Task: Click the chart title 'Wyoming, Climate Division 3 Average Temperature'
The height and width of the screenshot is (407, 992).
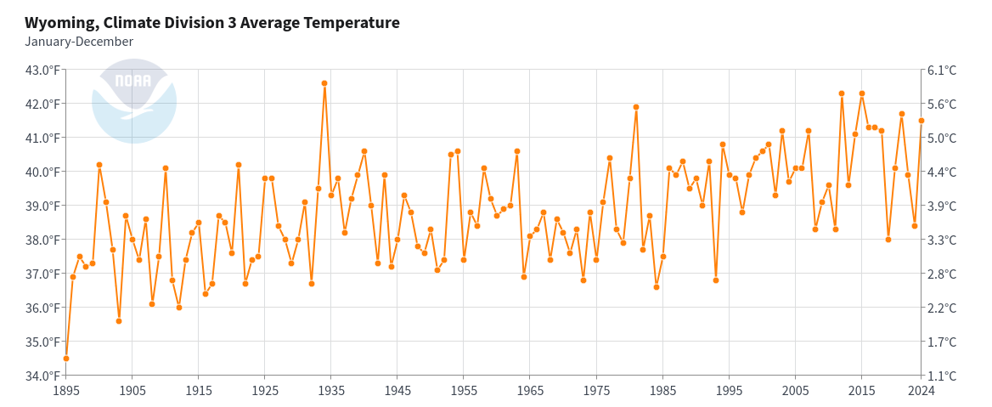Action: click(212, 23)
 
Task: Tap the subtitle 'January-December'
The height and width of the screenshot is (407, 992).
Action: click(79, 42)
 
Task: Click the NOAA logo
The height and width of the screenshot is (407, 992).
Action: click(133, 100)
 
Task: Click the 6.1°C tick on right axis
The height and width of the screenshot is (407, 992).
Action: click(943, 70)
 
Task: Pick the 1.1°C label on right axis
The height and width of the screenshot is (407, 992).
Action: click(943, 376)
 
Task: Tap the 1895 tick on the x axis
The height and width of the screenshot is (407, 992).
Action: click(66, 391)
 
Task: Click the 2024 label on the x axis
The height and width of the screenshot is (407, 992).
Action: click(921, 391)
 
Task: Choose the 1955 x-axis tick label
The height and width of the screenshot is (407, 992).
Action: click(464, 391)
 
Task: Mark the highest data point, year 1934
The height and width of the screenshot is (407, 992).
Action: click(324, 83)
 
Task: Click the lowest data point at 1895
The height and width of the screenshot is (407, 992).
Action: click(66, 359)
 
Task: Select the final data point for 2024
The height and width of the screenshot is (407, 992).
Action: click(921, 121)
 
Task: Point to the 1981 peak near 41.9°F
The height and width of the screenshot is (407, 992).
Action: click(636, 107)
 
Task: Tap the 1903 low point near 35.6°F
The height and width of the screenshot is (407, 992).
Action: click(119, 321)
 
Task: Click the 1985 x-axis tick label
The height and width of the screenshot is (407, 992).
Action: click(662, 391)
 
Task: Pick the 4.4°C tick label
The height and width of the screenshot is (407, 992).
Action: click(943, 172)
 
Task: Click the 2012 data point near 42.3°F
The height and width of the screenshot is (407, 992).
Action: click(842, 93)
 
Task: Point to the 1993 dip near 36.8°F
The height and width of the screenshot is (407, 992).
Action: click(716, 280)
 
